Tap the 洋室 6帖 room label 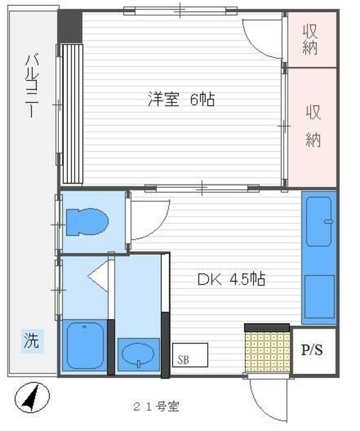point(181,100)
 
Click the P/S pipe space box point(312,351)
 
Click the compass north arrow point(32,398)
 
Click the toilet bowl point(88,222)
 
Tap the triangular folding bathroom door point(98,275)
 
